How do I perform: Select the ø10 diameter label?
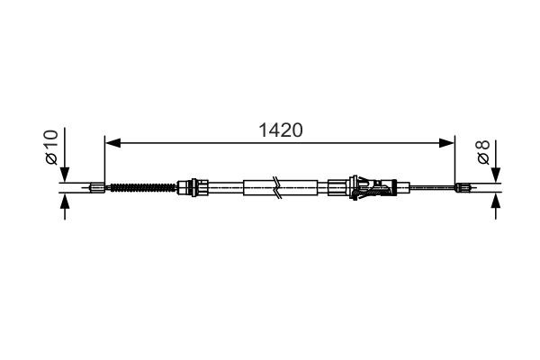pyautogui.click(x=51, y=146)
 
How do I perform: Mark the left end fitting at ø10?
pyautogui.click(x=97, y=188)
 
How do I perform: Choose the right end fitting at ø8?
pyautogui.click(x=463, y=188)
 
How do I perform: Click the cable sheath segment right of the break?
pyautogui.click(x=302, y=188)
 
